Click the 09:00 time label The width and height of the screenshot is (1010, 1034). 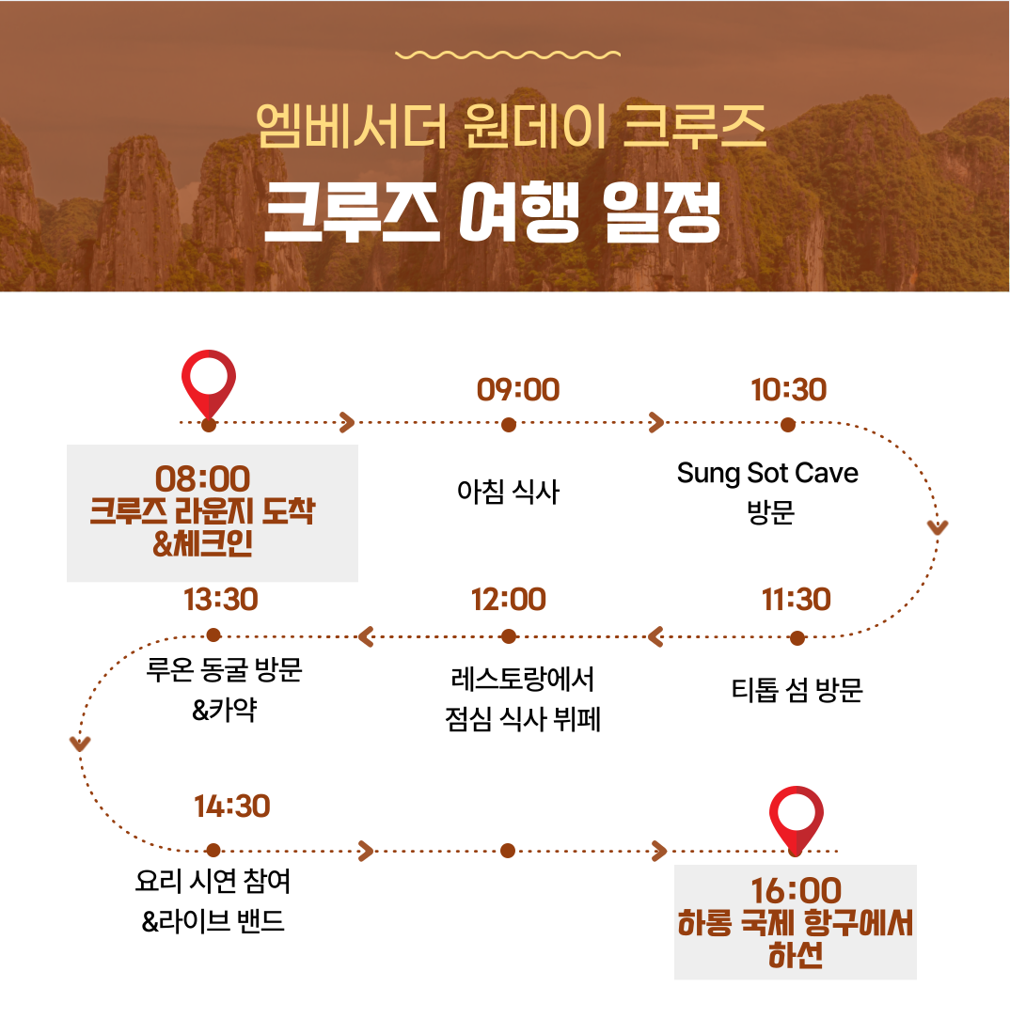(x=518, y=390)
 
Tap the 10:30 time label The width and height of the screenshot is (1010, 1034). (x=788, y=390)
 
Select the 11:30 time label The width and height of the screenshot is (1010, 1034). (x=797, y=600)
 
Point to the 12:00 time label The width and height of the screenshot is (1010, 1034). (x=508, y=600)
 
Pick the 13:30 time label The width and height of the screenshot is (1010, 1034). (x=220, y=600)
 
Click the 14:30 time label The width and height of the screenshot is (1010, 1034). (x=231, y=807)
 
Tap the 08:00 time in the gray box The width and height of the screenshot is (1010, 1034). (x=202, y=478)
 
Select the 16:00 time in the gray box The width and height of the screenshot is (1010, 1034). (x=797, y=891)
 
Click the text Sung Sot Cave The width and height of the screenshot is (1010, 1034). (x=767, y=474)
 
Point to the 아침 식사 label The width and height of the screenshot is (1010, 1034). (x=508, y=492)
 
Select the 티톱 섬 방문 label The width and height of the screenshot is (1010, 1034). (x=797, y=690)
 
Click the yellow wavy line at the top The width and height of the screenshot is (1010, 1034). (x=508, y=55)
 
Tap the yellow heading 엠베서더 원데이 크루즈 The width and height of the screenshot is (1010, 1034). (x=512, y=125)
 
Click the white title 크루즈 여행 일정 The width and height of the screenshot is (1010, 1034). (x=492, y=211)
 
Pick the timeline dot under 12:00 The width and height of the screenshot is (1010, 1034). (x=508, y=636)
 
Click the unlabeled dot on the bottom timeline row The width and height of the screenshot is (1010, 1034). (x=507, y=851)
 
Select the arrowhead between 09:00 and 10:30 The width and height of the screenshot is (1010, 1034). (x=656, y=423)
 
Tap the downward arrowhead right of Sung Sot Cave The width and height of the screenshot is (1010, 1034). (x=938, y=527)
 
